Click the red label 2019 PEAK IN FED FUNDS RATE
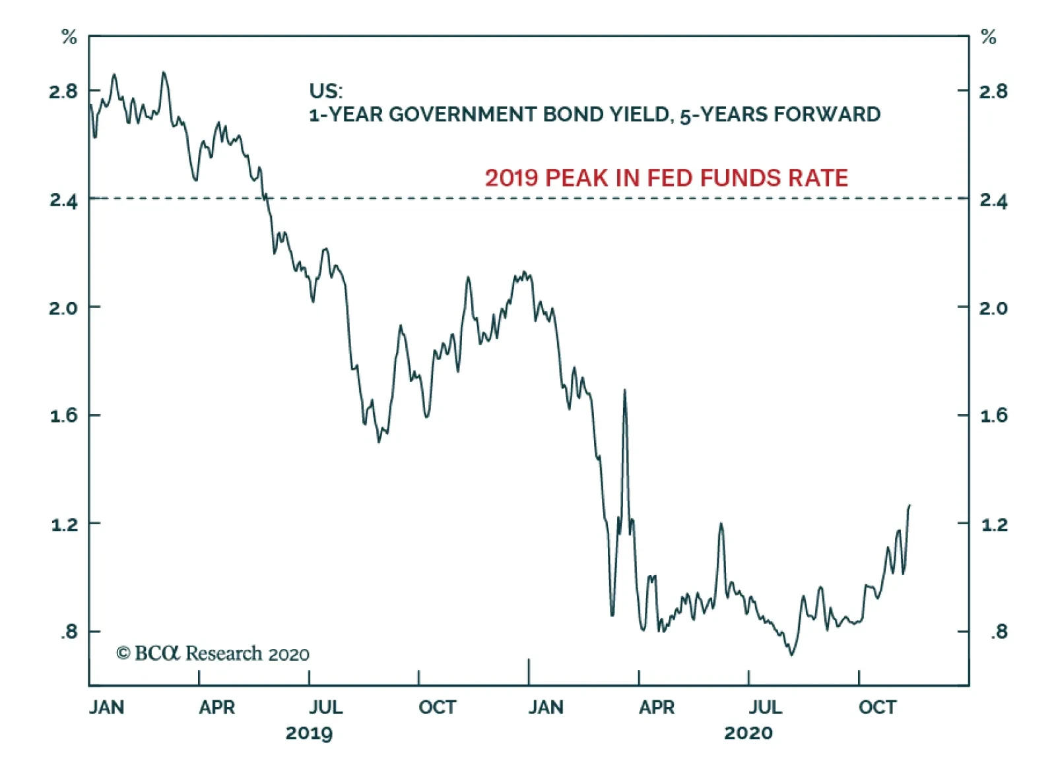click(x=666, y=178)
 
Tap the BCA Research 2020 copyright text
click(x=213, y=653)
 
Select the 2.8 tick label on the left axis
click(x=63, y=91)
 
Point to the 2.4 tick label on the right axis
click(x=993, y=200)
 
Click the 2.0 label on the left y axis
click(x=63, y=308)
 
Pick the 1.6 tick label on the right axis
click(x=993, y=415)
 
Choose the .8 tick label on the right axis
click(x=999, y=632)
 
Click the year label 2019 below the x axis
click(x=309, y=733)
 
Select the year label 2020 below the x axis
click(x=748, y=733)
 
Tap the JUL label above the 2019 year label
click(x=326, y=708)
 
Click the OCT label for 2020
click(x=877, y=708)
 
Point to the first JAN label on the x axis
click(x=106, y=708)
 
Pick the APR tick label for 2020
click(x=657, y=708)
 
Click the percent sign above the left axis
click(x=69, y=38)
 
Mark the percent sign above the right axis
click(x=988, y=38)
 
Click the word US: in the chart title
click(x=326, y=91)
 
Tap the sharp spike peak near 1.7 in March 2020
click(x=624, y=390)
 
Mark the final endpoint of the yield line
click(x=909, y=506)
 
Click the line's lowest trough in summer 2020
click(x=791, y=654)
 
